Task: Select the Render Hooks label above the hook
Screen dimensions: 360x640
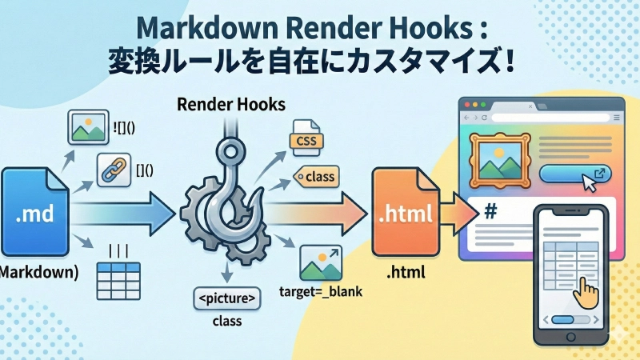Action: point(230,105)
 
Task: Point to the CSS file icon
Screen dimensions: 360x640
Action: point(304,138)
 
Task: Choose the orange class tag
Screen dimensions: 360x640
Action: point(318,175)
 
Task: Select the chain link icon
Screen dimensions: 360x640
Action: point(114,170)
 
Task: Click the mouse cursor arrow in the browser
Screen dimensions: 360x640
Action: point(589,182)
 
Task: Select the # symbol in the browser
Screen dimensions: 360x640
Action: point(490,212)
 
